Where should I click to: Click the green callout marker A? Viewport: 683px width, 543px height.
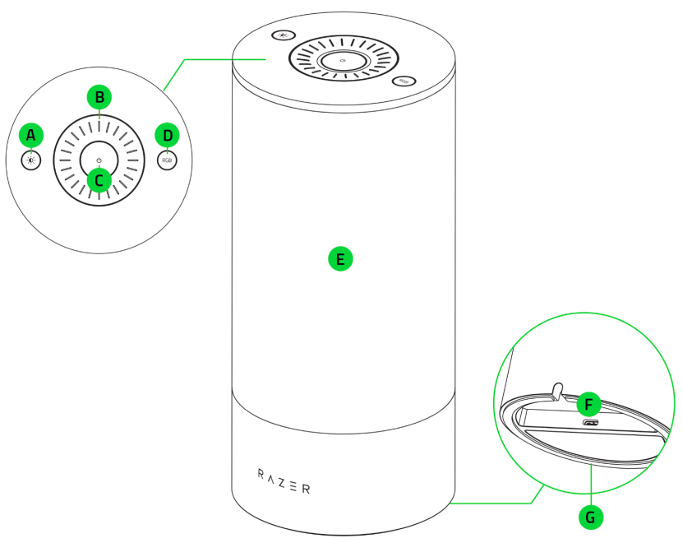click(x=31, y=135)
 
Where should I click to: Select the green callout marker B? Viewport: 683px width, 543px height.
click(x=99, y=97)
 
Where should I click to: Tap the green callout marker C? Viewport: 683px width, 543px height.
click(x=99, y=179)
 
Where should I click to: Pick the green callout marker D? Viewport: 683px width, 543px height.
click(x=168, y=135)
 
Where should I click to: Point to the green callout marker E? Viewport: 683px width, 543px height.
click(x=340, y=259)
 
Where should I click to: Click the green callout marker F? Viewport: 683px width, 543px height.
click(x=588, y=404)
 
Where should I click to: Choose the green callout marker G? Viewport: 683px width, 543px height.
click(x=591, y=517)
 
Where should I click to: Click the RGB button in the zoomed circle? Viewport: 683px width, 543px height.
click(x=167, y=160)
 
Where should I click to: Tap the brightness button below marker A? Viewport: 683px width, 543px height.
click(x=31, y=160)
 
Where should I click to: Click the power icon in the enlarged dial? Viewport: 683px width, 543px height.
click(x=99, y=160)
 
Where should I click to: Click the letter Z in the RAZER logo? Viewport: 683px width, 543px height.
click(x=284, y=480)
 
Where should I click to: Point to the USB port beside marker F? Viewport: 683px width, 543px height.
click(x=589, y=424)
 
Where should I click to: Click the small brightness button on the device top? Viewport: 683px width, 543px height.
click(x=284, y=35)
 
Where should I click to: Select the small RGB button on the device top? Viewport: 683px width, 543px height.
click(x=405, y=81)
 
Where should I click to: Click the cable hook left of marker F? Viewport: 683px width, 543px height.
click(x=557, y=389)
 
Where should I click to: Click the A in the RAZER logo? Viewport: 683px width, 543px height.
click(x=272, y=477)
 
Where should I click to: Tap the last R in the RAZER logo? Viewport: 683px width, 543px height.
click(x=307, y=489)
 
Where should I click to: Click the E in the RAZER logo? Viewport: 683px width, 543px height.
click(x=295, y=485)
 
